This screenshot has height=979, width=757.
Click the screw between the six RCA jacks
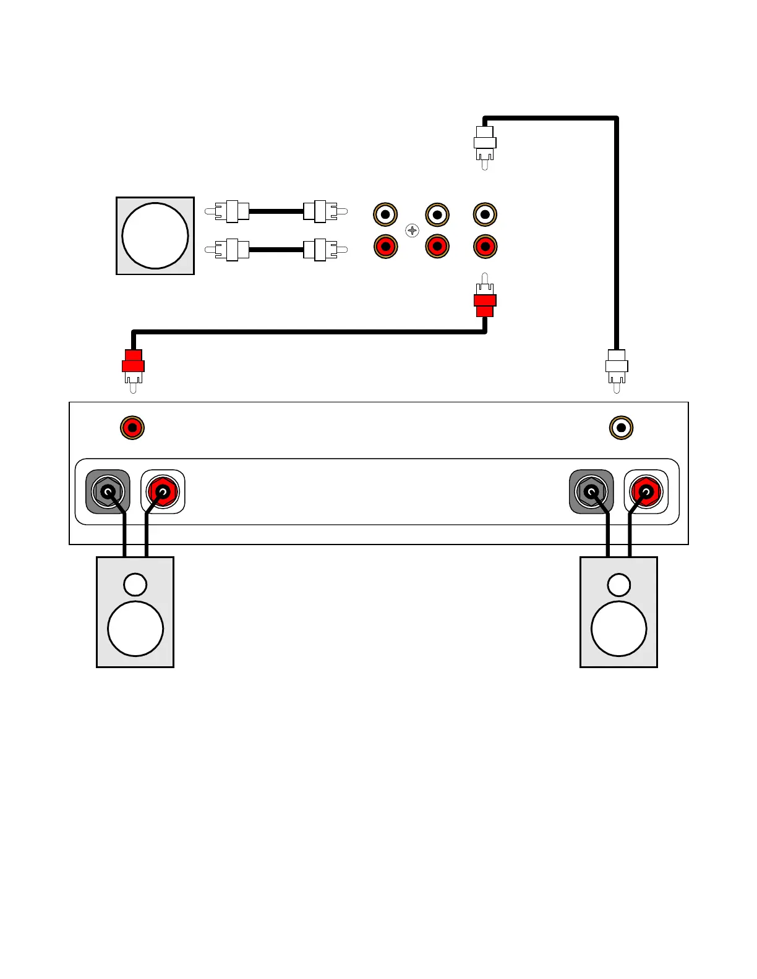pyautogui.click(x=412, y=231)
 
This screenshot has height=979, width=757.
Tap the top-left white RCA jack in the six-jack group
pyautogui.click(x=385, y=214)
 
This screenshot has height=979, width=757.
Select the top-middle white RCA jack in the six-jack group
pyautogui.click(x=437, y=214)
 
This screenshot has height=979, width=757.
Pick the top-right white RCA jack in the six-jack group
pyautogui.click(x=485, y=214)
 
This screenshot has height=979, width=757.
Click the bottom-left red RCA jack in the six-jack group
pyautogui.click(x=385, y=247)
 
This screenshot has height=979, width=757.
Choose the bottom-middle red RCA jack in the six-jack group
pyautogui.click(x=437, y=247)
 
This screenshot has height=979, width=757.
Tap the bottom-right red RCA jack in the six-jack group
pyautogui.click(x=485, y=247)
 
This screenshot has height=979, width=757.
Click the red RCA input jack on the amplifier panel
pyautogui.click(x=132, y=427)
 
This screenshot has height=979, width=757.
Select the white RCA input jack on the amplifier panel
pyautogui.click(x=621, y=427)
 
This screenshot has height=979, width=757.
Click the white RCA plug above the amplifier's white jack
pyautogui.click(x=617, y=368)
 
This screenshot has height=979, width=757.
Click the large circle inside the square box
pyautogui.click(x=155, y=236)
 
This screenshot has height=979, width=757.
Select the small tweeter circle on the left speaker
pyautogui.click(x=135, y=585)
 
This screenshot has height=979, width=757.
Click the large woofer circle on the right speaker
pyautogui.click(x=619, y=629)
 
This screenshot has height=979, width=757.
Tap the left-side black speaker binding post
pyautogui.click(x=108, y=492)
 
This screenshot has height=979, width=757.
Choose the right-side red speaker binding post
pyautogui.click(x=646, y=492)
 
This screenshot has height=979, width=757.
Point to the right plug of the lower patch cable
pyautogui.click(x=322, y=250)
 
